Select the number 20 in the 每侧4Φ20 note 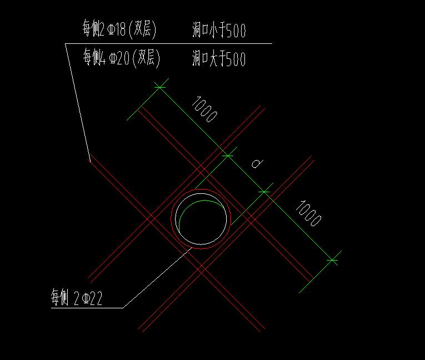(x=123, y=58)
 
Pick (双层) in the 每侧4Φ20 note (x=146, y=58)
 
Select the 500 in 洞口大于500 (x=236, y=58)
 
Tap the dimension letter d (x=257, y=163)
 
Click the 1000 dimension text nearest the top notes (x=204, y=109)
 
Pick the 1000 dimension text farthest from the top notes (x=308, y=213)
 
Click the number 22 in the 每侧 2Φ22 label (x=96, y=299)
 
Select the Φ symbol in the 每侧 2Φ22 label (x=85, y=299)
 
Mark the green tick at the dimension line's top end (x=161, y=87)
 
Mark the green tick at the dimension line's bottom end (x=332, y=259)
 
